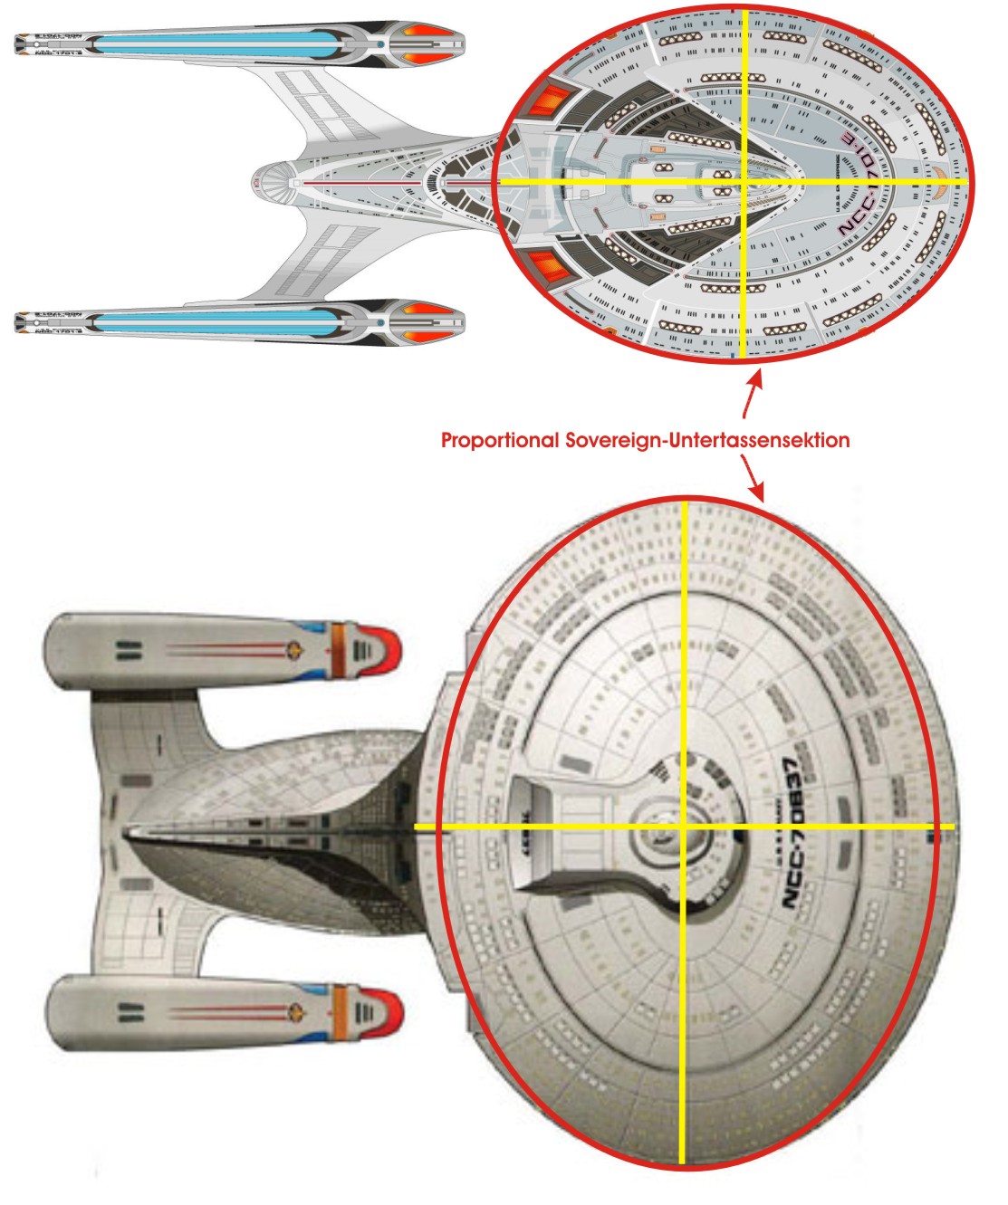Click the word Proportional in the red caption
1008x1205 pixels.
499,441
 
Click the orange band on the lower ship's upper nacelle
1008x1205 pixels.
341,648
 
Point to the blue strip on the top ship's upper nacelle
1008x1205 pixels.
217,43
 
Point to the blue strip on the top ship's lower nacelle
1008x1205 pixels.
217,320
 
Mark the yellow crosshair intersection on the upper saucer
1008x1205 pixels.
743,182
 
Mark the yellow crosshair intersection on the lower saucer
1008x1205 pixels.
682,827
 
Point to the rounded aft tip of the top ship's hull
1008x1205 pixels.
256,182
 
